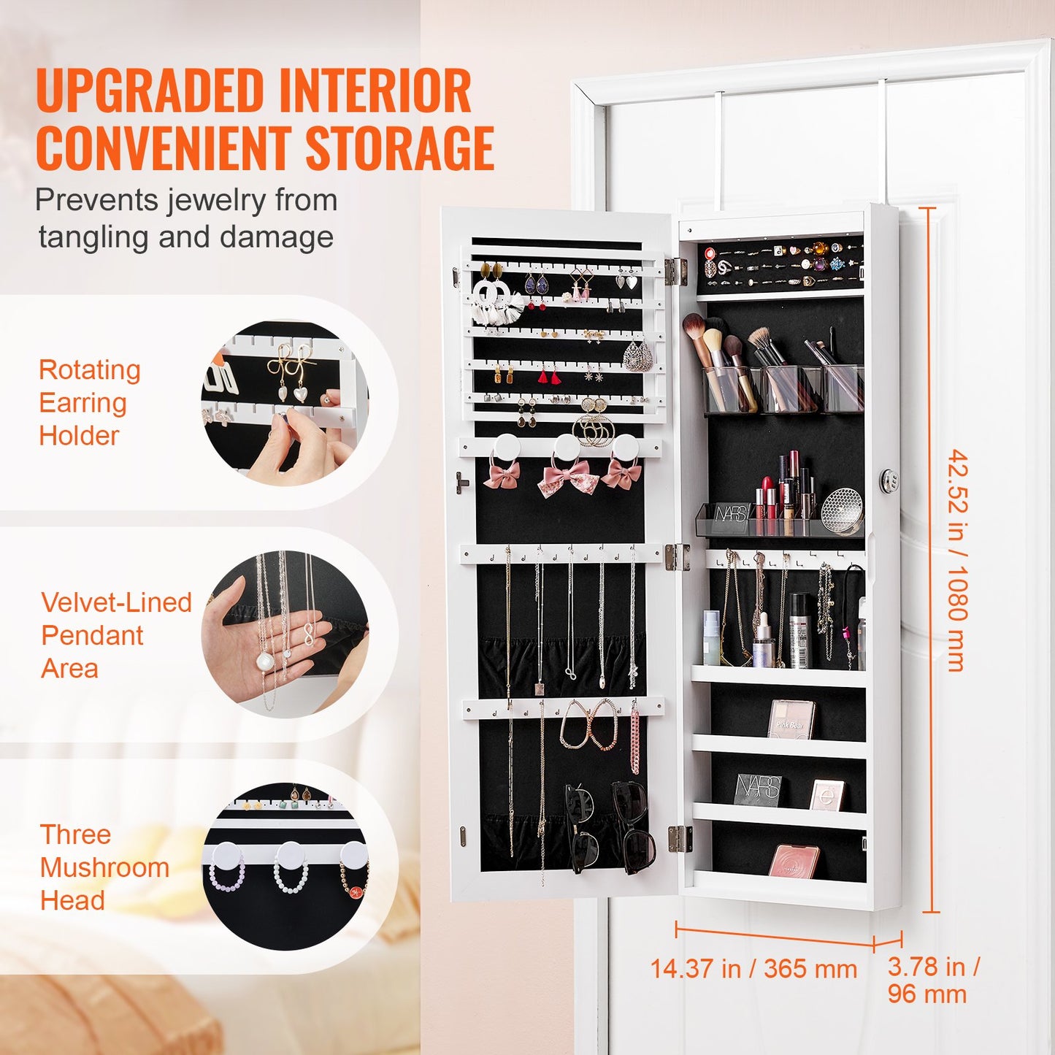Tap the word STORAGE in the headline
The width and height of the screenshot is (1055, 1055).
(399, 148)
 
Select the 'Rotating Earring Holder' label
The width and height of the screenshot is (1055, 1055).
(89, 402)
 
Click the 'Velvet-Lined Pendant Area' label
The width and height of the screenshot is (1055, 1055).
(115, 634)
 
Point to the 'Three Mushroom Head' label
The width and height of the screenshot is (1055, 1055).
(104, 867)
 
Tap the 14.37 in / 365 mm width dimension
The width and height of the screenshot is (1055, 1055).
(753, 969)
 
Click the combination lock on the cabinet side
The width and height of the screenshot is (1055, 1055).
(887, 480)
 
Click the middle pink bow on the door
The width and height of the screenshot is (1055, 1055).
(568, 478)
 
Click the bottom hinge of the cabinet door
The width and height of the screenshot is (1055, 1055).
(679, 838)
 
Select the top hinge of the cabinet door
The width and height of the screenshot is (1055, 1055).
(676, 271)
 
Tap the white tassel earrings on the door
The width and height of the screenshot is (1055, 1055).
(496, 303)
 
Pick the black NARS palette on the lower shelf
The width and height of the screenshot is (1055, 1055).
(758, 790)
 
